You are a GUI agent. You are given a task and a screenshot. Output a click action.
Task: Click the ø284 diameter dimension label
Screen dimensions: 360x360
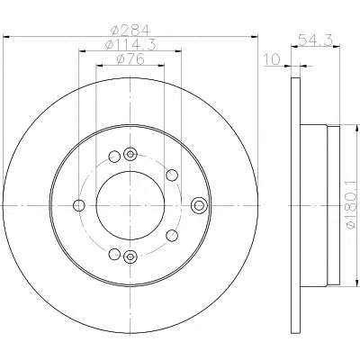pos(130,30)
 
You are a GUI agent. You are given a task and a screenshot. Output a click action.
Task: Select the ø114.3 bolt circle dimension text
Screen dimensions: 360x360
pos(130,45)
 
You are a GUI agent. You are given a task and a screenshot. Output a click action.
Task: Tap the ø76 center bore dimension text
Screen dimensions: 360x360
pos(130,59)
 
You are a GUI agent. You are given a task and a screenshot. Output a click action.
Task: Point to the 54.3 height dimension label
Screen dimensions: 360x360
pos(316,40)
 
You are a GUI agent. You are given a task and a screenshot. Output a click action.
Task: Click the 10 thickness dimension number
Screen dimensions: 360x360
pos(272,59)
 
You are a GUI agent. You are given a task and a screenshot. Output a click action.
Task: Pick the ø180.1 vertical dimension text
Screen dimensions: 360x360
pos(353,205)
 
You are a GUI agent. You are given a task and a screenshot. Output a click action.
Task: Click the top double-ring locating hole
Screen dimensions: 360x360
pos(130,155)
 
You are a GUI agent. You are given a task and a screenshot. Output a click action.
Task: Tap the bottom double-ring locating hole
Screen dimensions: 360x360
pos(130,256)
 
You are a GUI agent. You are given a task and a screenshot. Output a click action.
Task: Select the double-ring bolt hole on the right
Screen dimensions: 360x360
pos(199,205)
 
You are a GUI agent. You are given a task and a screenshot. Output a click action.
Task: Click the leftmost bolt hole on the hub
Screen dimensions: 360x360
pos(79,205)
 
